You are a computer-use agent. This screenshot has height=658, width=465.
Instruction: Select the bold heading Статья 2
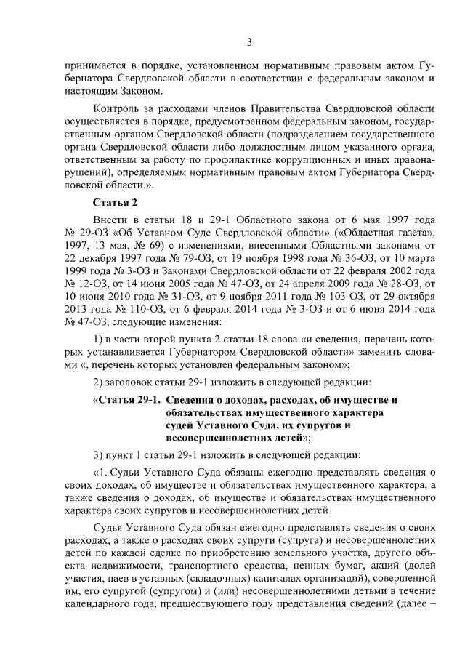pyautogui.click(x=115, y=201)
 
